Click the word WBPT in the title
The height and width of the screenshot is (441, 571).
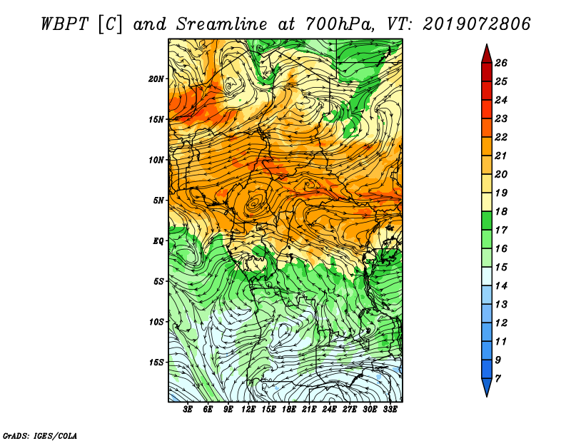click(64, 24)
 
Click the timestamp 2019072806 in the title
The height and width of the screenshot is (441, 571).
click(476, 24)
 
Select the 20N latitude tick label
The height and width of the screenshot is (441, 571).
click(156, 79)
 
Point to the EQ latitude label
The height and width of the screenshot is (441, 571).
click(158, 241)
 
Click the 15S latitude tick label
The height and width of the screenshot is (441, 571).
click(156, 363)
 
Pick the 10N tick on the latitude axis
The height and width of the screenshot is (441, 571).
click(156, 160)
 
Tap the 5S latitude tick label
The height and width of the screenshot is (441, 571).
click(158, 281)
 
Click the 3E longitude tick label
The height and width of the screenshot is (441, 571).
click(188, 410)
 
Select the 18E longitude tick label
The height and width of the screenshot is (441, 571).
click(289, 410)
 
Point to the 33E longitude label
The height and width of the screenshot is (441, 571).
click(390, 410)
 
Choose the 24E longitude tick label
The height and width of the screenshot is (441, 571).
click(329, 410)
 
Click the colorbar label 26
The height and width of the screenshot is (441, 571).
click(501, 63)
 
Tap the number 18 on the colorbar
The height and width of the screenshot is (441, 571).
click(501, 211)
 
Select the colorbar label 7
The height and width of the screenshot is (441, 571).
click(498, 379)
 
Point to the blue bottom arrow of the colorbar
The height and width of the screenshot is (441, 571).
click(487, 386)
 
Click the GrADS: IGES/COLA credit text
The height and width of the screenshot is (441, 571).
click(40, 436)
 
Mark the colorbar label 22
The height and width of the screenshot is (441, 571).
click(501, 137)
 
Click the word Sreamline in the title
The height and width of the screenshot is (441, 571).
click(221, 24)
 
